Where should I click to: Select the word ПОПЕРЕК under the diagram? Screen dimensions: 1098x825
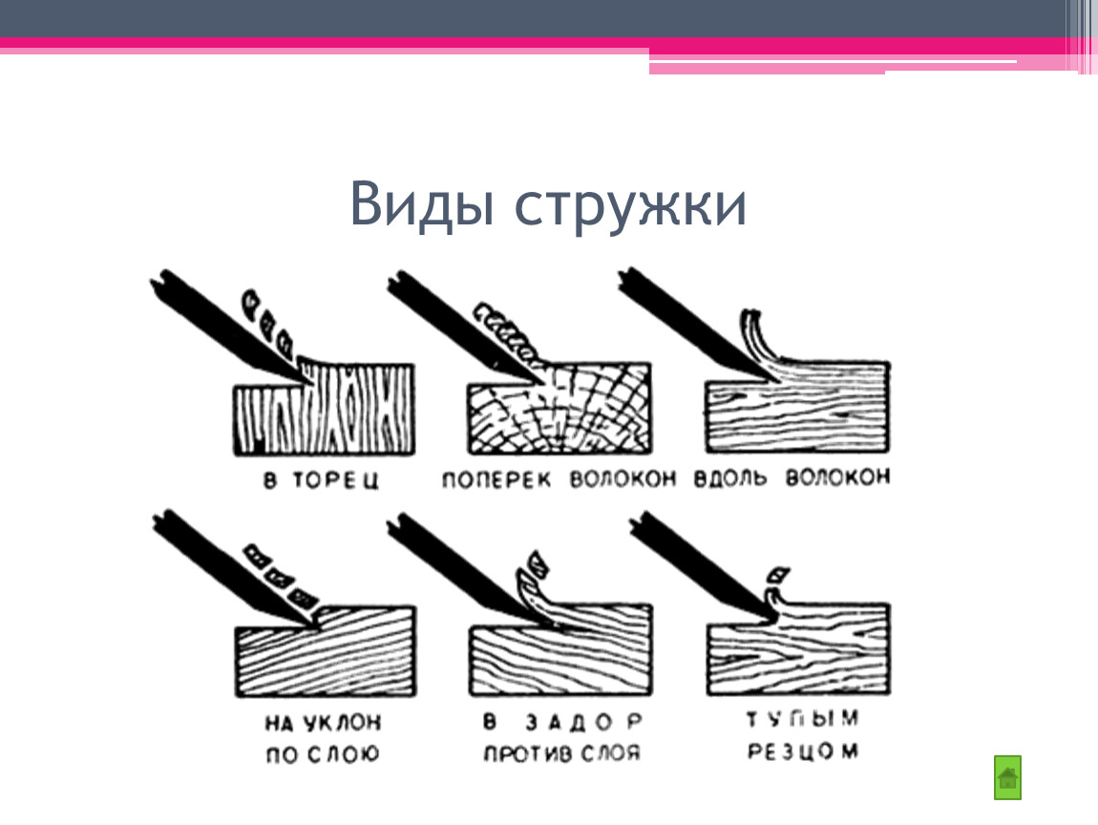tap(496, 479)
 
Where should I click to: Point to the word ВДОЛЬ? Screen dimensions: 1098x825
tap(730, 477)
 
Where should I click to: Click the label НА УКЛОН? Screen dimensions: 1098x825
tap(323, 722)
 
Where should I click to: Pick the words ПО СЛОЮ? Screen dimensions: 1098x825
tap(322, 754)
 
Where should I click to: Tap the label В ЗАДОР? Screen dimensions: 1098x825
tap(562, 721)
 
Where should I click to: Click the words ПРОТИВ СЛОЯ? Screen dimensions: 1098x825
tap(561, 753)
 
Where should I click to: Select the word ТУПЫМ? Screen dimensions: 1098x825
tap(802, 719)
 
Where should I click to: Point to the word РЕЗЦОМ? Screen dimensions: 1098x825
tap(802, 751)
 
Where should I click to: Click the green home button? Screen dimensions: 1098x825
tap(1007, 777)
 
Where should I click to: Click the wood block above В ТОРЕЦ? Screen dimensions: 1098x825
tap(324, 410)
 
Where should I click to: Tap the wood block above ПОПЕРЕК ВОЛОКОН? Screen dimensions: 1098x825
tap(560, 409)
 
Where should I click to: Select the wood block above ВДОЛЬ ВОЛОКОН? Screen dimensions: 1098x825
tap(797, 407)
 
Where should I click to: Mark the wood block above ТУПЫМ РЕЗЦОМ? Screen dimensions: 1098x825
tap(798, 648)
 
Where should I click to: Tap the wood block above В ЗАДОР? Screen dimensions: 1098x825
tap(560, 650)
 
